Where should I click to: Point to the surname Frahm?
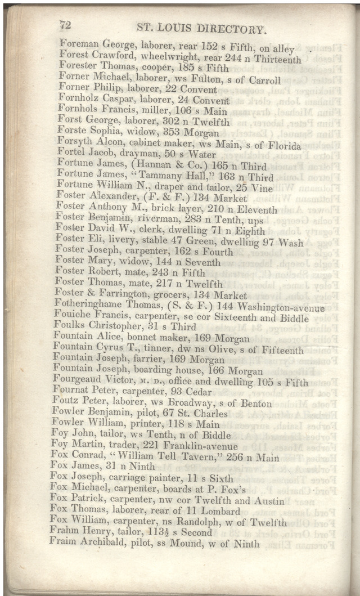(62, 532)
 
